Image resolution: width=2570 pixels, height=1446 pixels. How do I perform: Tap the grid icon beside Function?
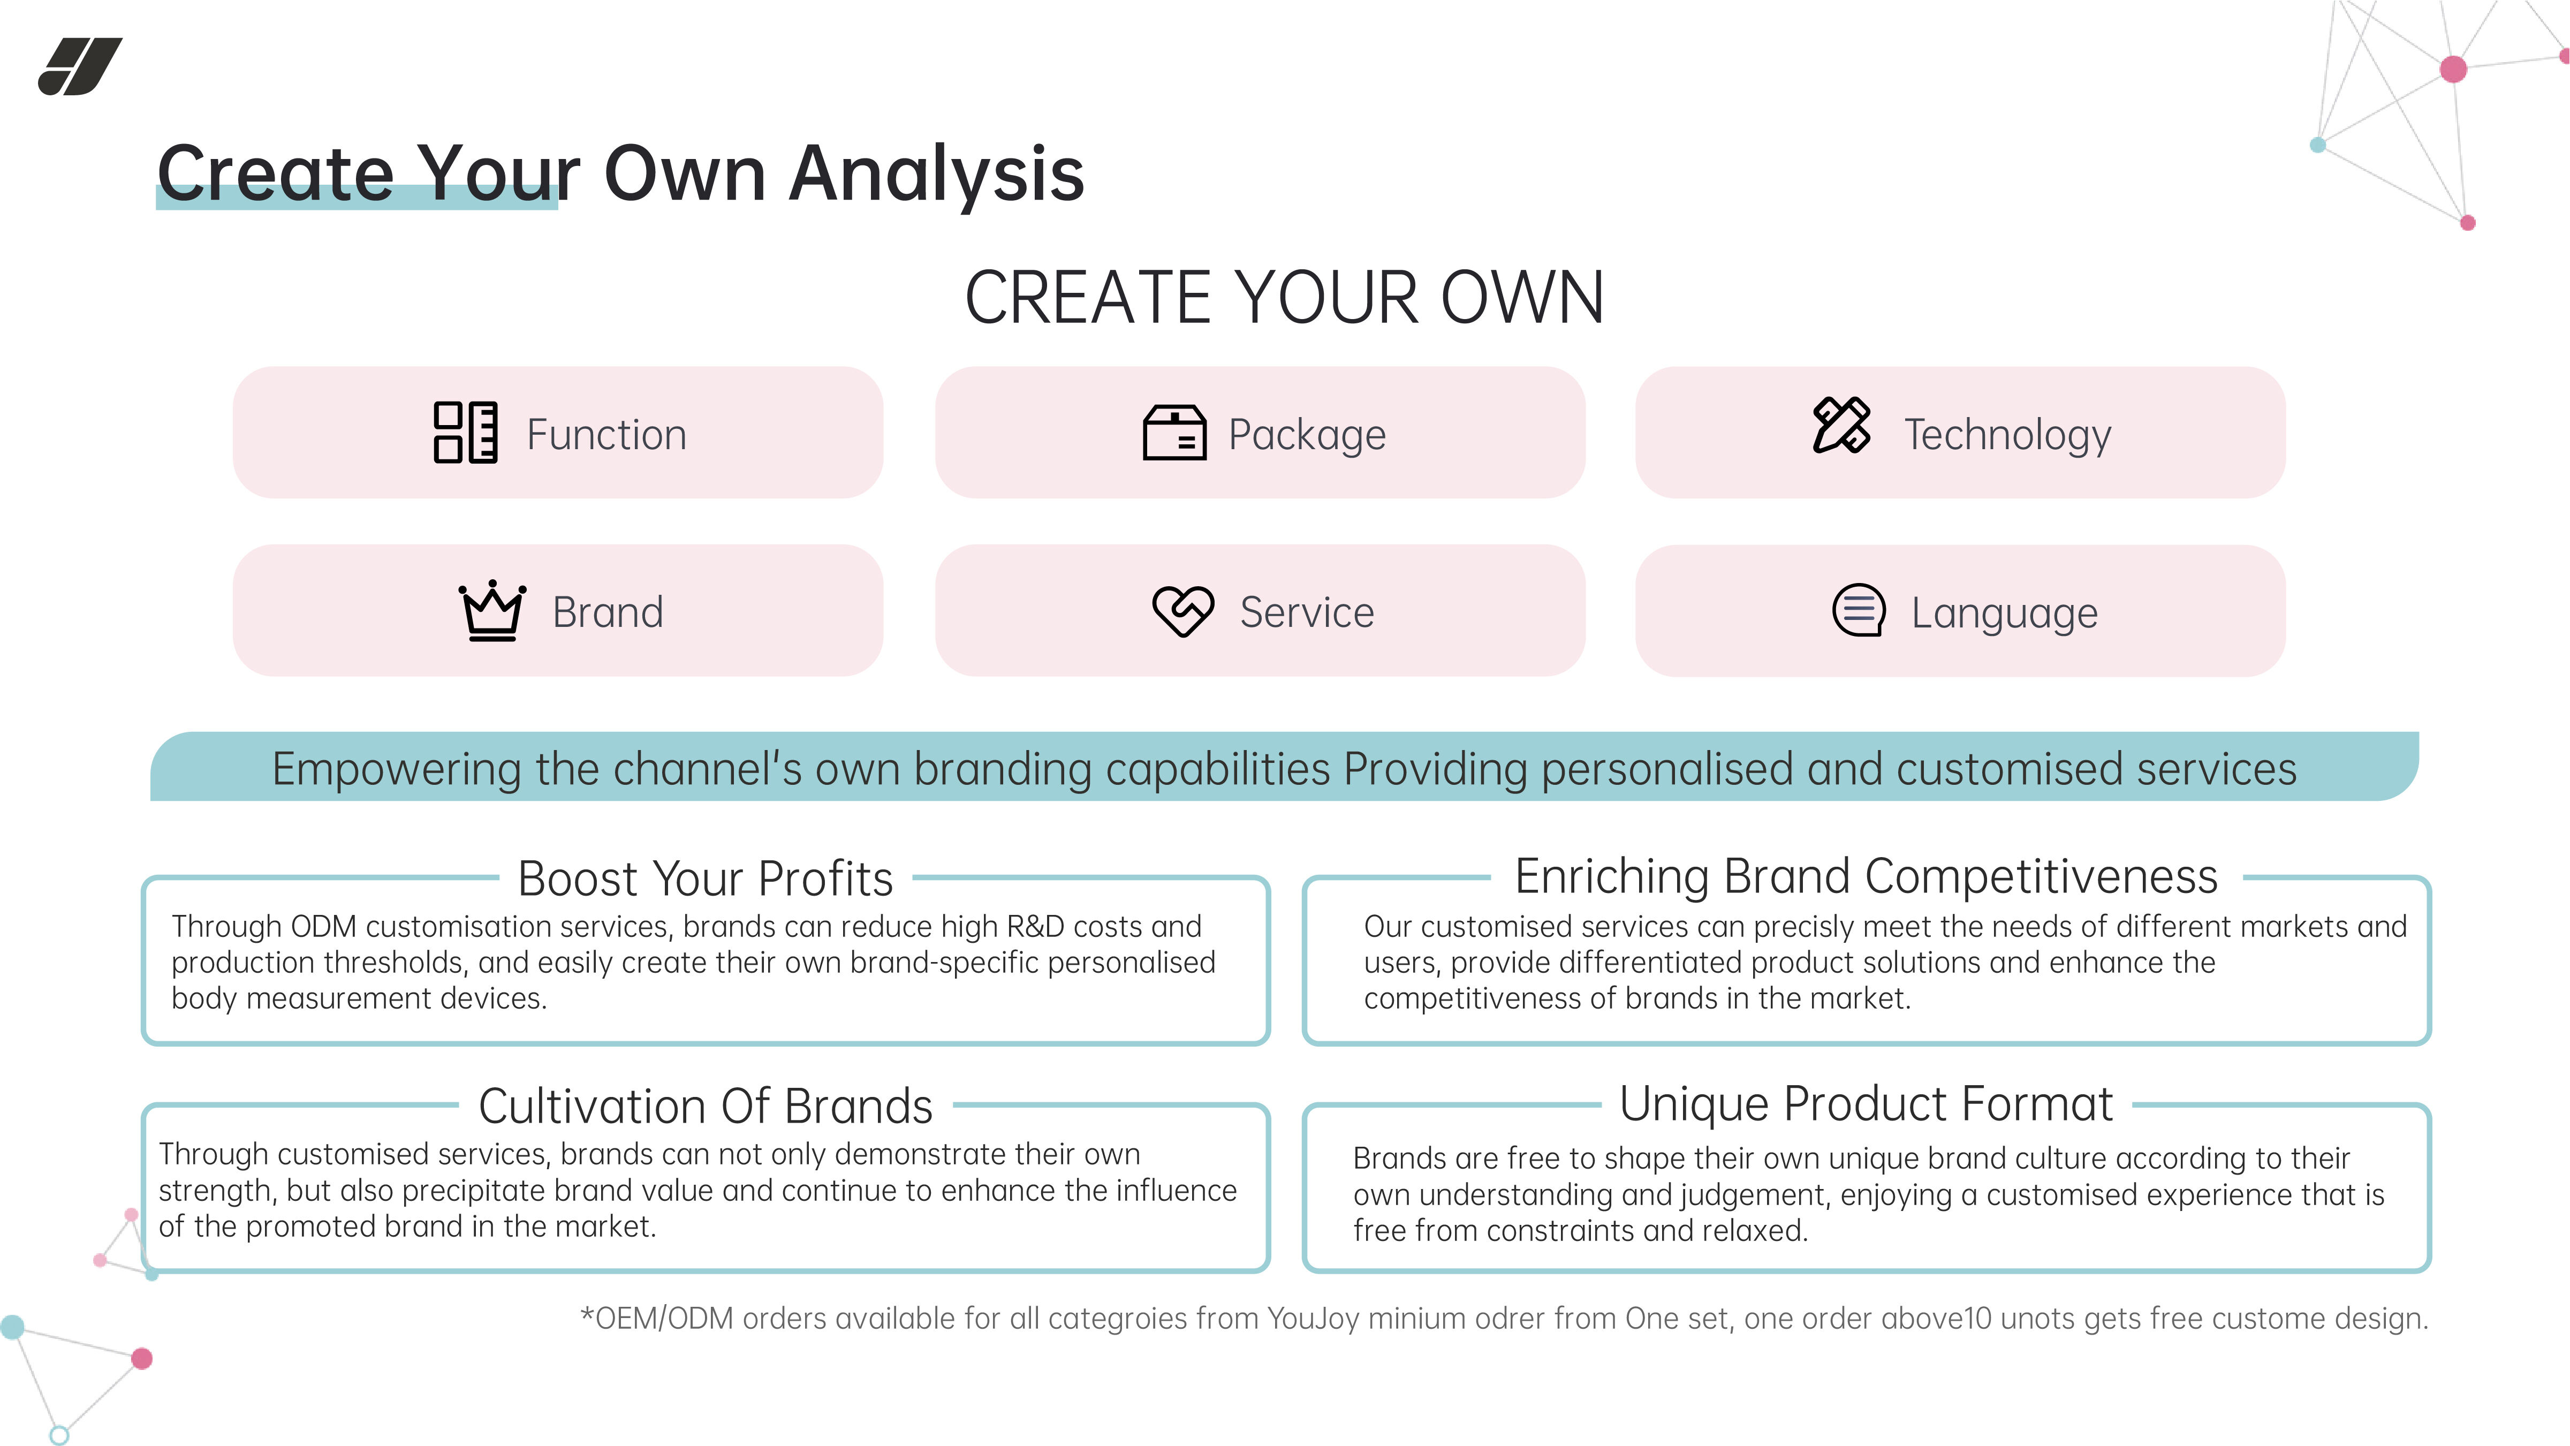[x=465, y=432]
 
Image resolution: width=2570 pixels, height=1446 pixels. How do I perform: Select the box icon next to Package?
[x=1174, y=433]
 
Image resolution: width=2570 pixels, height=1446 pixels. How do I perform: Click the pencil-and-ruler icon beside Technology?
[x=1841, y=425]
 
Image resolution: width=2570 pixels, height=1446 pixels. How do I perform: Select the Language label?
[x=2004, y=613]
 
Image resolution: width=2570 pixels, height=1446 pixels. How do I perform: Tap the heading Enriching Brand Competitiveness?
[x=1866, y=876]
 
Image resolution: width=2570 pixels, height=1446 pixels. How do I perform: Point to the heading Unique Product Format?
[x=1866, y=1104]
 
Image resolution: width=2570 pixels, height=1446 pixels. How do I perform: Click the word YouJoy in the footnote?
[x=1313, y=1319]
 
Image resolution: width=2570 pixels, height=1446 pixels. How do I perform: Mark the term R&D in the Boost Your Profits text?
[x=1036, y=927]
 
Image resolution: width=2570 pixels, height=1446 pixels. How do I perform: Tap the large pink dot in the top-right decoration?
[x=2453, y=69]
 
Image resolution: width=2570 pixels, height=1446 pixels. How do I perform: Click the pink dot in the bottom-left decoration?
[x=142, y=1358]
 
